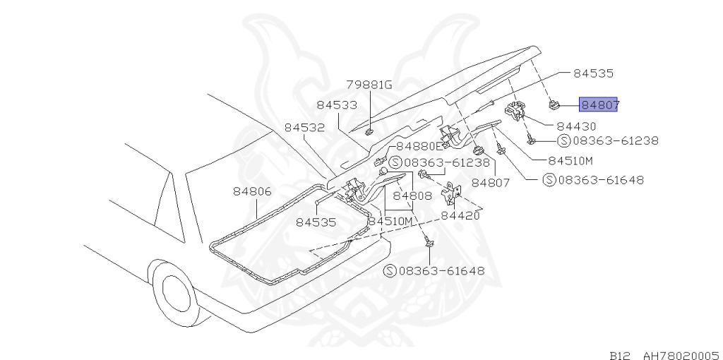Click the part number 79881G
(368, 85)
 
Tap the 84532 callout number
(304, 128)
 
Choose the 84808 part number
(413, 196)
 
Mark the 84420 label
(460, 216)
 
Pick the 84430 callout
(576, 126)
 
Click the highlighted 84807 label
(599, 105)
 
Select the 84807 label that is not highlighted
(491, 182)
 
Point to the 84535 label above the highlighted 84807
(593, 73)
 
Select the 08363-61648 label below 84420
(434, 271)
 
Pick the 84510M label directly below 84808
(390, 222)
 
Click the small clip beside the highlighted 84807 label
(554, 106)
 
